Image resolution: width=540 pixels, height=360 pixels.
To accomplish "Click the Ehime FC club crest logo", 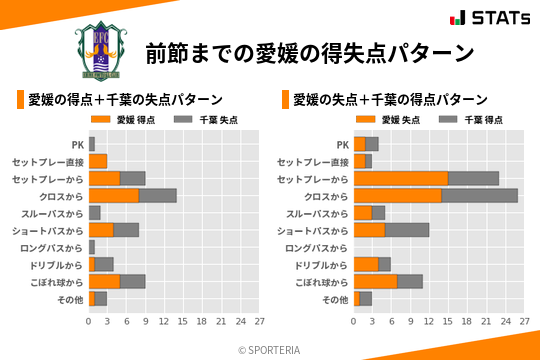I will [101, 47].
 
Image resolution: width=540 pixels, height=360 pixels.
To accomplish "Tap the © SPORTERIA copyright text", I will [270, 349].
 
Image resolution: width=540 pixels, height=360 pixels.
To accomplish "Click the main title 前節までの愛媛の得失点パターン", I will [309, 51].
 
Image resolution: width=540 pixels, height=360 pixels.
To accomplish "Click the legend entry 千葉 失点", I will [205, 119].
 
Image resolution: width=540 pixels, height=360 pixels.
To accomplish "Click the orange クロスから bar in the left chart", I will [114, 196].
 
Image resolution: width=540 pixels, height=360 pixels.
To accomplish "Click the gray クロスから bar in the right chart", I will [479, 196].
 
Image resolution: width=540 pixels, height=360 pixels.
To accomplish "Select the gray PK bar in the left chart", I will [92, 144].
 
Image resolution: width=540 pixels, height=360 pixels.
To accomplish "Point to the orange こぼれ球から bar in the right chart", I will [375, 282].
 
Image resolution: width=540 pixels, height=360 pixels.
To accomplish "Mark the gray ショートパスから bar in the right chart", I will [407, 230].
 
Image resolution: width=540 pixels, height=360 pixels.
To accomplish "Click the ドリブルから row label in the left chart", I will [55, 265].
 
